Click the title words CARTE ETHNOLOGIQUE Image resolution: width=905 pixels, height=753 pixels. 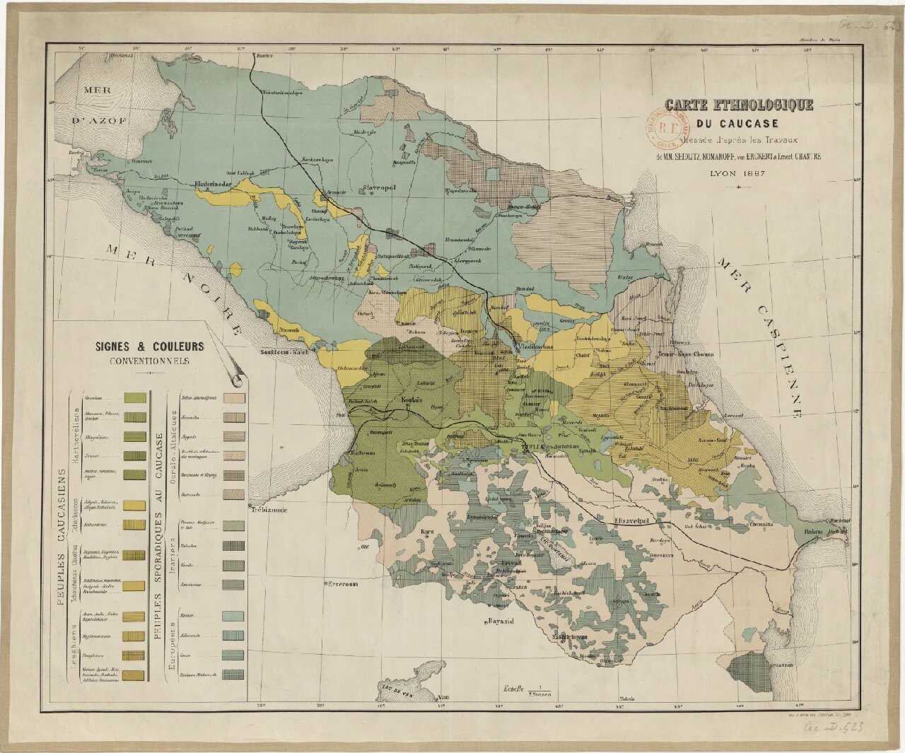click(739, 105)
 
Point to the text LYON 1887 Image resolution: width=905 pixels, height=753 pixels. click(738, 172)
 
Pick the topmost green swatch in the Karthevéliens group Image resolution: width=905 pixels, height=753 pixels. click(134, 398)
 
